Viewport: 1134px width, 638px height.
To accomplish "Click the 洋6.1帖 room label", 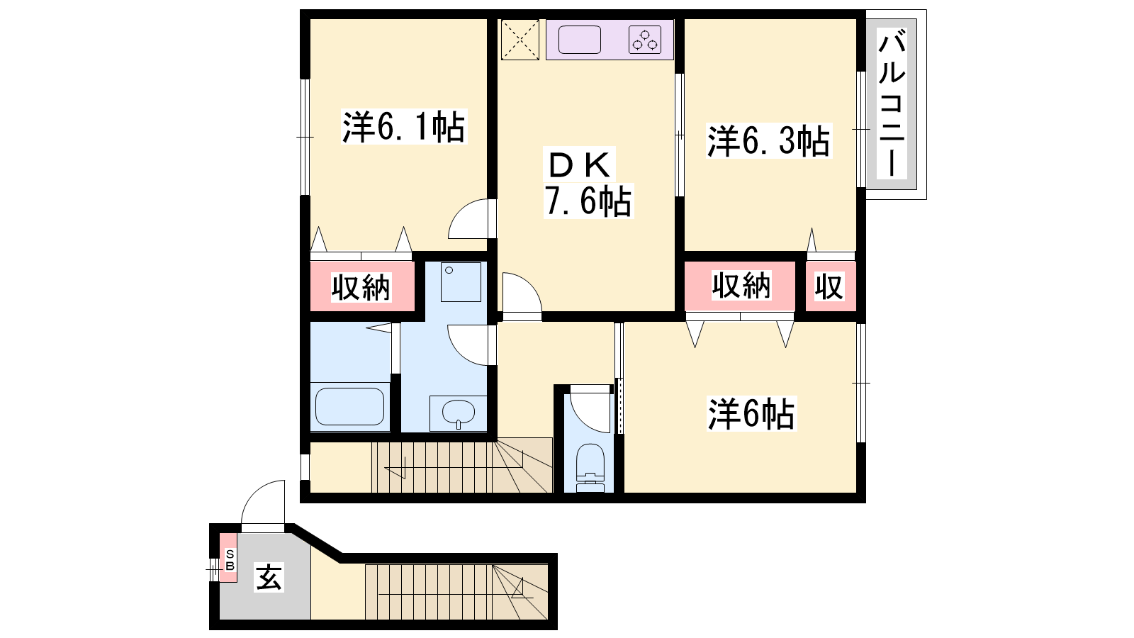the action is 404,127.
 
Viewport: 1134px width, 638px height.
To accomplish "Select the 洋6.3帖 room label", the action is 768,140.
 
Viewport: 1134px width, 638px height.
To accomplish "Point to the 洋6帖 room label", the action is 751,414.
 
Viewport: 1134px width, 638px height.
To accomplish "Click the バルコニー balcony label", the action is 892,103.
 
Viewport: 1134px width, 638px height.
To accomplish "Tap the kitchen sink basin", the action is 579,40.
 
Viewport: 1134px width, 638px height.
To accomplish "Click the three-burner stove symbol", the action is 645,40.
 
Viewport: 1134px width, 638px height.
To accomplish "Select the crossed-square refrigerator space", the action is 520,40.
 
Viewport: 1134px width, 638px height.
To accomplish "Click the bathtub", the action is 349,407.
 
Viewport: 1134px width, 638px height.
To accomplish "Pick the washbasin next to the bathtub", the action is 458,413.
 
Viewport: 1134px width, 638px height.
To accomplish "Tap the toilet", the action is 591,468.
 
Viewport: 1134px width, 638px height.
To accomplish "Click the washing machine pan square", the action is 461,282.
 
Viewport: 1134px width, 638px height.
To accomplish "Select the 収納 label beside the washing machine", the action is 361,288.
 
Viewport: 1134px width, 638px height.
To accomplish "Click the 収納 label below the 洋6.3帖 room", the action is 741,285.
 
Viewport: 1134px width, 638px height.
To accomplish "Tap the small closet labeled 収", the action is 830,286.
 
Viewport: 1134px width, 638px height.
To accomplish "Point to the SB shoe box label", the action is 230,559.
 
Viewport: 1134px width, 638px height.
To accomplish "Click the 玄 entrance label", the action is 269,577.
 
